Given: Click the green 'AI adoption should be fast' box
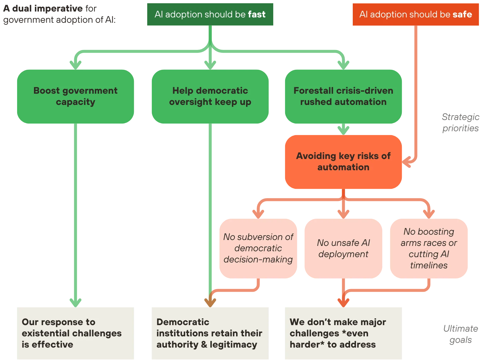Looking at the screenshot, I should [210, 14].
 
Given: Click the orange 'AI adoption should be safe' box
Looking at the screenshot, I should [416, 14].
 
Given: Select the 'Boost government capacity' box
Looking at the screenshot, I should [75, 96].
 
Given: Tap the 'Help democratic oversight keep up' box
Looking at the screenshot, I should [210, 96].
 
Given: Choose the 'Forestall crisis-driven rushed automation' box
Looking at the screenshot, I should [343, 96].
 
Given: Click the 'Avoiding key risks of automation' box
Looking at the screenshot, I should [343, 162].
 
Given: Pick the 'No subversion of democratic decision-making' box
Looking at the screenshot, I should [258, 248].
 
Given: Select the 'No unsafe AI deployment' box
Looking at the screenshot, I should [343, 248].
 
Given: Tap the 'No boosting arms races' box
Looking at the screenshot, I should [429, 248].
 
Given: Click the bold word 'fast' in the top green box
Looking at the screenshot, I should [256, 14].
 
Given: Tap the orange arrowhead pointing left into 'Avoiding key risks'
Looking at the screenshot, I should [407, 162].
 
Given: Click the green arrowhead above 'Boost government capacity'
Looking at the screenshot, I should [75, 63].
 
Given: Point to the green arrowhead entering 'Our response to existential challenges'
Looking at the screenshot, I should [75, 301].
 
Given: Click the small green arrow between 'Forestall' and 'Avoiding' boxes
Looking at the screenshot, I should [343, 129].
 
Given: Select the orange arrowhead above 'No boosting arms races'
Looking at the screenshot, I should [429, 212].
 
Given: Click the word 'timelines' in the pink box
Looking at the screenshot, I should [429, 265].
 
